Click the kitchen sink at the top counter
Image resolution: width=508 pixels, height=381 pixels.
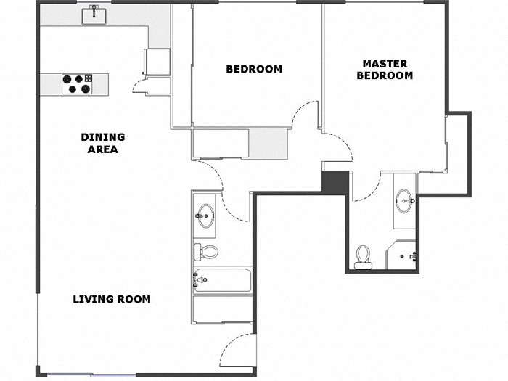94,15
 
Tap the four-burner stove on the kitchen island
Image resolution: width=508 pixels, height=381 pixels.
77,84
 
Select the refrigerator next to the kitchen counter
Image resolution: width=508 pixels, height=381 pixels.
157,62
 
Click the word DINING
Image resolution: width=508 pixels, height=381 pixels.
102,136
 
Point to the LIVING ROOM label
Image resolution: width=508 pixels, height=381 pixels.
112,299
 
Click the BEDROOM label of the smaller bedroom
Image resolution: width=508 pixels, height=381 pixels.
254,70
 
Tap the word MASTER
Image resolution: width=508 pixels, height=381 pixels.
385,64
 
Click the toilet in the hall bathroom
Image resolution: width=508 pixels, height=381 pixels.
207,252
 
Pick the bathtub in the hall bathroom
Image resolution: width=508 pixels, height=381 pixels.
222,279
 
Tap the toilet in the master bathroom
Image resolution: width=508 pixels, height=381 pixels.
363,255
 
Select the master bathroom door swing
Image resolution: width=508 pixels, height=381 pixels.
369,188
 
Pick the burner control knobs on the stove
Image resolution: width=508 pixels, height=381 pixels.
89,78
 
